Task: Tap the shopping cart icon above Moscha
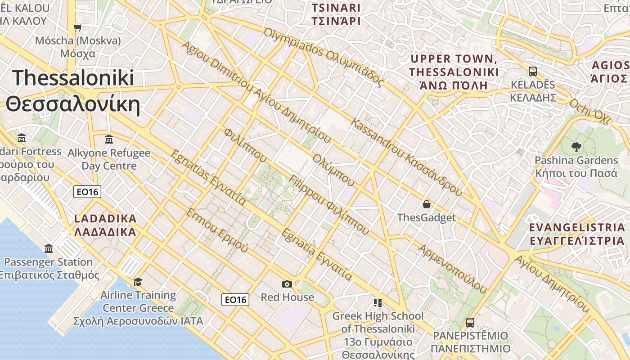click(78, 27)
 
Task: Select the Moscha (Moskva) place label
click(78, 47)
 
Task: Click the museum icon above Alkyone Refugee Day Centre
click(109, 139)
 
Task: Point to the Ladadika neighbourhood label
click(105, 225)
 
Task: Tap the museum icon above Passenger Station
click(49, 249)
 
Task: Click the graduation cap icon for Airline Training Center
click(138, 282)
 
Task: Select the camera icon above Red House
click(287, 284)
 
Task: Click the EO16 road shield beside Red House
click(235, 300)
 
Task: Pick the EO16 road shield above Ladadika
click(87, 192)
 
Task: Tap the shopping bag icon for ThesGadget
click(427, 205)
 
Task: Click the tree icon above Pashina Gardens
click(576, 147)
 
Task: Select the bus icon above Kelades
click(533, 72)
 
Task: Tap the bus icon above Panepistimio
click(470, 323)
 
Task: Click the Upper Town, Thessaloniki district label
click(454, 72)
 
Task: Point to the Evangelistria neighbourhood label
click(577, 234)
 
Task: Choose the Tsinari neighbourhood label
click(336, 14)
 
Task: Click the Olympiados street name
click(324, 58)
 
